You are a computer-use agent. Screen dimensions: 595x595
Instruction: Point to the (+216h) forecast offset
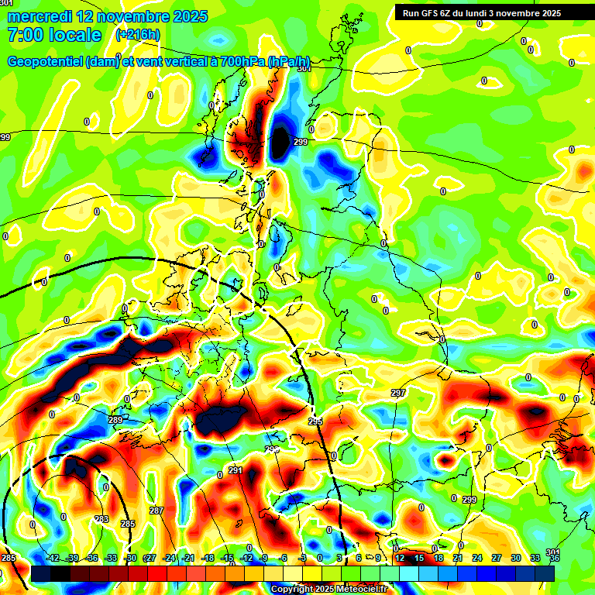pyautogui.click(x=137, y=35)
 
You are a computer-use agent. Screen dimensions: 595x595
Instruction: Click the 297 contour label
pyautogui.click(x=398, y=394)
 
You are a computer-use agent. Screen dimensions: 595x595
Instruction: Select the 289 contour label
pyautogui.click(x=115, y=420)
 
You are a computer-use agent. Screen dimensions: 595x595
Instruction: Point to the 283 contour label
pyautogui.click(x=101, y=519)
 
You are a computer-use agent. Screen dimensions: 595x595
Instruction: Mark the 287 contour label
pyautogui.click(x=156, y=511)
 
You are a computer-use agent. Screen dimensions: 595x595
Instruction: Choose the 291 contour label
pyautogui.click(x=236, y=470)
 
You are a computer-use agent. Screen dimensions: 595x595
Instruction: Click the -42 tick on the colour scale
pyautogui.click(x=53, y=558)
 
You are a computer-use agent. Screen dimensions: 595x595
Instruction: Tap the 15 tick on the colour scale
pyautogui.click(x=418, y=558)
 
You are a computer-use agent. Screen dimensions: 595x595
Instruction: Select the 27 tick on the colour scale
pyautogui.click(x=496, y=558)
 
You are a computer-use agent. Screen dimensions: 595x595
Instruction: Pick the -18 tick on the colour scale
pyautogui.click(x=208, y=558)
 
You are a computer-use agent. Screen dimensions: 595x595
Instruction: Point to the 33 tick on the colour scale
pyautogui.click(x=535, y=558)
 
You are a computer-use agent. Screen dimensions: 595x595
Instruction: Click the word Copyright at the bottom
pyautogui.click(x=292, y=589)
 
